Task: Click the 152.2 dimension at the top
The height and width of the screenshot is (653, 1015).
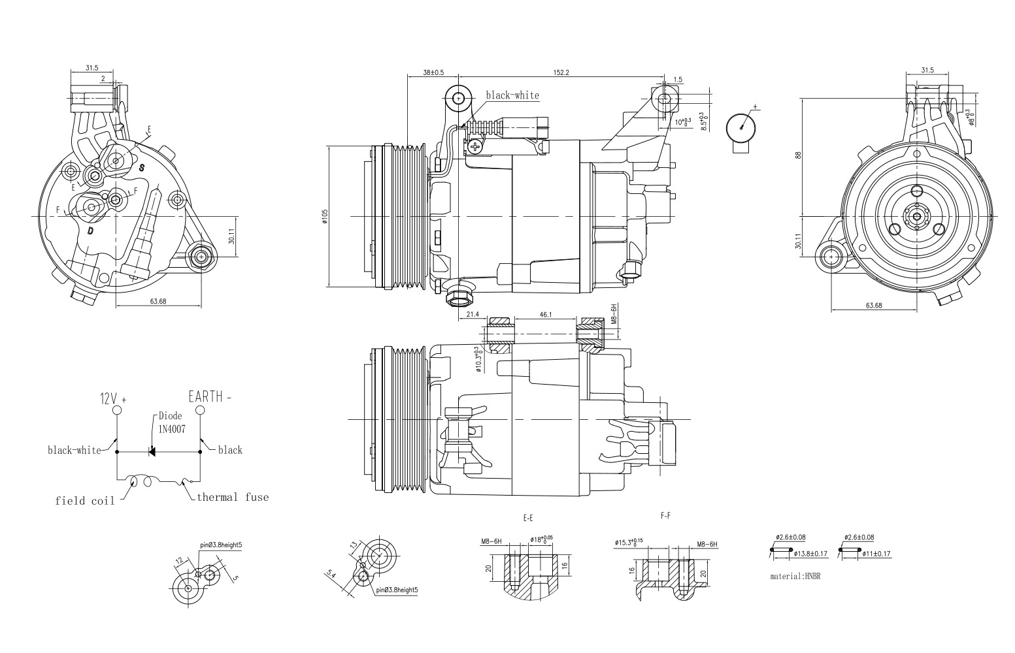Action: click(561, 72)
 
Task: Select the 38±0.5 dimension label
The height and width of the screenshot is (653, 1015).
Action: click(433, 72)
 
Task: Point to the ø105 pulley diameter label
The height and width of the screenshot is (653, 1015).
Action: click(325, 217)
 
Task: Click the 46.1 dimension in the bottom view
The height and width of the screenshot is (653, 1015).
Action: click(545, 315)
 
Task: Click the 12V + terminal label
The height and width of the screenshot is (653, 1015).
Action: click(112, 398)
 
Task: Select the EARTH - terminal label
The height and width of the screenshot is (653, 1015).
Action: click(210, 396)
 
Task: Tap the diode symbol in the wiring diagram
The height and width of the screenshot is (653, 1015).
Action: click(152, 451)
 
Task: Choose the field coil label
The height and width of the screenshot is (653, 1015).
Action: click(85, 501)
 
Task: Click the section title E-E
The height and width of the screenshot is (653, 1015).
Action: click(528, 518)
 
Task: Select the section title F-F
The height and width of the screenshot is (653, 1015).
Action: click(665, 516)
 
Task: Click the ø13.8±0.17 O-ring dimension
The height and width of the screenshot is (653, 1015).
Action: click(811, 554)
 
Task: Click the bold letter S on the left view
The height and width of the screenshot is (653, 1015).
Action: click(141, 168)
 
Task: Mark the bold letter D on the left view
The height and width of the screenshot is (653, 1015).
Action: click(90, 231)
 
